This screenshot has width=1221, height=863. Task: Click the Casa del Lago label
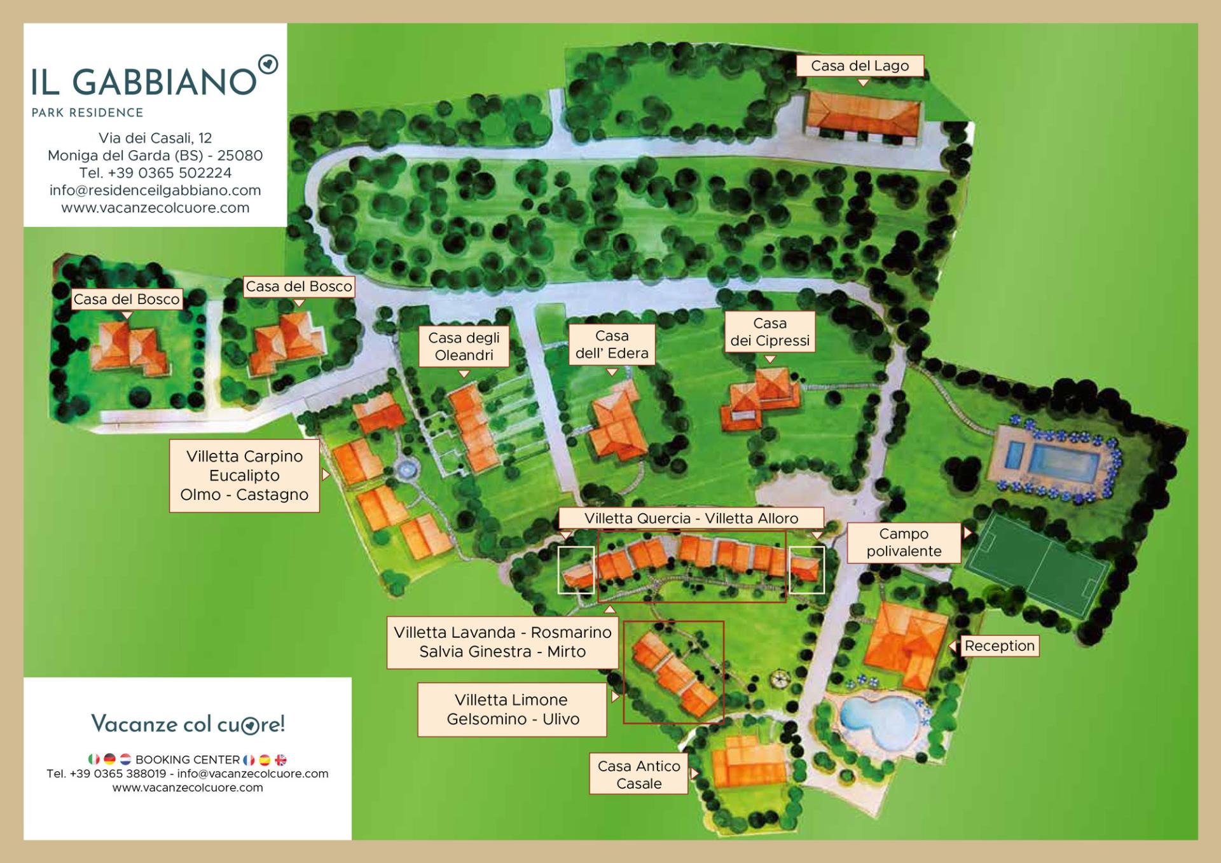pos(860,66)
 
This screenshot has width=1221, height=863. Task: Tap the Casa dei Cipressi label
pos(769,332)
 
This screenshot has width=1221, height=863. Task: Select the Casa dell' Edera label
pos(612,345)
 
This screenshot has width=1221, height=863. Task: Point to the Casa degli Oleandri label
pos(464,347)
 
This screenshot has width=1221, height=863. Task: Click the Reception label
pos(999,646)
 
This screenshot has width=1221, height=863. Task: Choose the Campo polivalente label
pos(904,542)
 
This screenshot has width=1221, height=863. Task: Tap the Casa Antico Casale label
pos(638,775)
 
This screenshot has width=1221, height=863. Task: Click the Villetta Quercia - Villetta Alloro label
pos(691,518)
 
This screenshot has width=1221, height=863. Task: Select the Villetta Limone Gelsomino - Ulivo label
pos(512,710)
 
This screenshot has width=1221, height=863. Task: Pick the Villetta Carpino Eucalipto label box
pos(244,476)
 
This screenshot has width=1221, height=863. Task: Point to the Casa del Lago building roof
pos(863,113)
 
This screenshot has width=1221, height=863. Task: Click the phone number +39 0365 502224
pos(155,173)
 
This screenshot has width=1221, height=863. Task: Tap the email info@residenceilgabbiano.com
pos(155,190)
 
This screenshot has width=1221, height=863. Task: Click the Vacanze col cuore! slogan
pos(188,724)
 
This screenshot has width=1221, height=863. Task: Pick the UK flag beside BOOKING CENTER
pos(280,759)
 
